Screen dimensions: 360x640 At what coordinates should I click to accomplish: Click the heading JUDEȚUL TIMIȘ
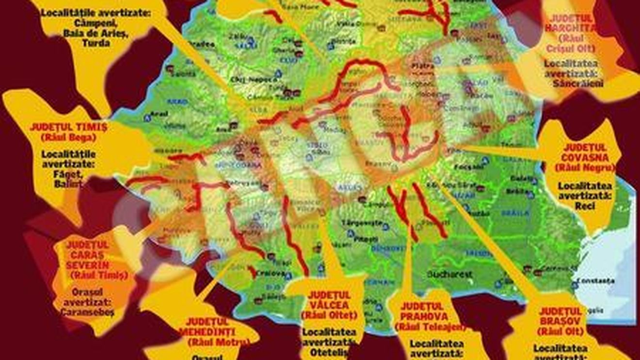coord(68,127)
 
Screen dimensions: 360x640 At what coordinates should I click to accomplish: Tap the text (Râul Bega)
coord(68,138)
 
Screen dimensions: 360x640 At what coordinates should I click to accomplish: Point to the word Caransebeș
coord(88,313)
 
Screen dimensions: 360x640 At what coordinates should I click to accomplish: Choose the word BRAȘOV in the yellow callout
coord(561,321)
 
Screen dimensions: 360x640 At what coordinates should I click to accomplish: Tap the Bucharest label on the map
coord(449,274)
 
